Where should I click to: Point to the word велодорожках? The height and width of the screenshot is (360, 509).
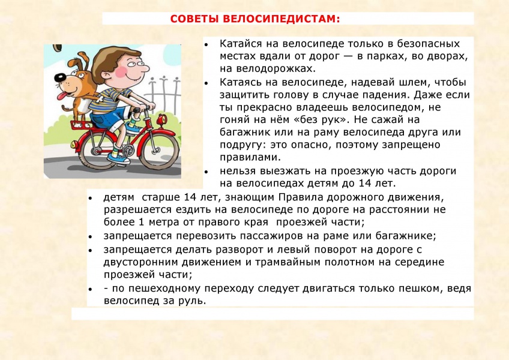point(276,68)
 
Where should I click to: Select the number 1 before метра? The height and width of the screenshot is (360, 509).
point(141,223)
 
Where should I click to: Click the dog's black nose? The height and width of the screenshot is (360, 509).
point(59,77)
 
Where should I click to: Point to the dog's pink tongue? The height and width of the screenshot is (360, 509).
point(62,96)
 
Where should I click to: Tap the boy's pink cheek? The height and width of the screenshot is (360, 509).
point(121,72)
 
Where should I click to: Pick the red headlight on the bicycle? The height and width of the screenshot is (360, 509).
point(161,120)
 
